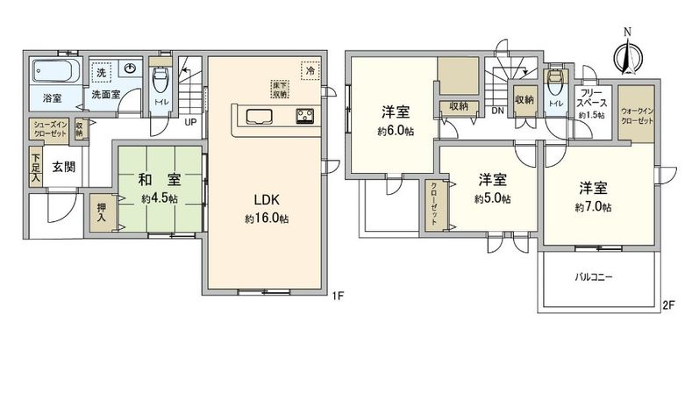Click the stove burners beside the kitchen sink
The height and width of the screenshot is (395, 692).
[307, 116]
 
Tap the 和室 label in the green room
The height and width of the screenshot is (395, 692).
[159, 181]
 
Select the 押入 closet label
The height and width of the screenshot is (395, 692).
[100, 214]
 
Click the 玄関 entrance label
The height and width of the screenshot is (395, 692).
[62, 167]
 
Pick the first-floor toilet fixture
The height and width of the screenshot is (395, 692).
[160, 81]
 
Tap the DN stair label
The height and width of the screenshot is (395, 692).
[497, 111]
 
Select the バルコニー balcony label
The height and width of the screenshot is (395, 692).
[594, 276]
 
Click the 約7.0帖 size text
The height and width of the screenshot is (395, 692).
[594, 208]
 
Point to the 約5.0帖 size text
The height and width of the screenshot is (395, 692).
[492, 199]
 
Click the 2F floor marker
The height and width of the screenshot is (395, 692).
[668, 305]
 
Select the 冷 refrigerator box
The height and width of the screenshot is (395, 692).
[308, 68]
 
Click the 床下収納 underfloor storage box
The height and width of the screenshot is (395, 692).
[279, 89]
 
